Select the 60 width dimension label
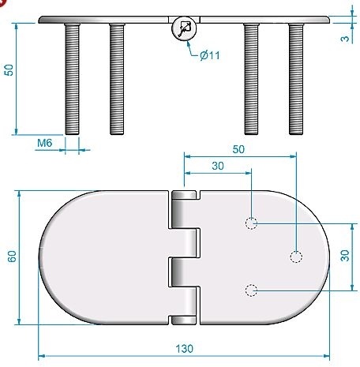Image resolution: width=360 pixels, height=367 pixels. coord(11,257)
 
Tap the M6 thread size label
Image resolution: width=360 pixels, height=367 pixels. coord(46,144)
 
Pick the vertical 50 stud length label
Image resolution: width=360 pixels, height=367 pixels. coord(8,70)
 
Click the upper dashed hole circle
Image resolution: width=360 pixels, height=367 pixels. coord(251,223)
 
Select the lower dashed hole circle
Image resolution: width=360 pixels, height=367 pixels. coord(251,290)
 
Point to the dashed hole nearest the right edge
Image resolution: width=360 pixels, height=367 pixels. coord(296,257)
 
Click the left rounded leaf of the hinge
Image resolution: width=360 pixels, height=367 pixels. coord(103,257)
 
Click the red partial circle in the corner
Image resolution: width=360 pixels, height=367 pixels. coord(3,4)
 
